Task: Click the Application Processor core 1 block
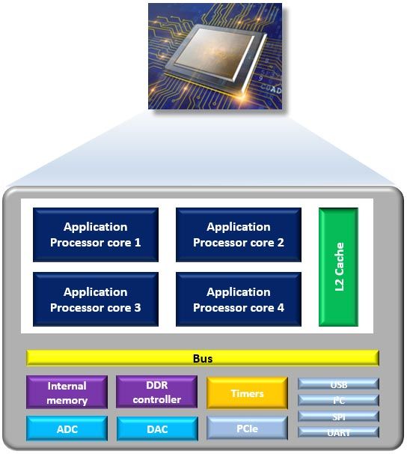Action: pyautogui.click(x=96, y=234)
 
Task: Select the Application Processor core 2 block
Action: pyautogui.click(x=239, y=234)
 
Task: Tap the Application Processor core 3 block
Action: pyautogui.click(x=96, y=300)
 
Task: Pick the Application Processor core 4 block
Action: pyautogui.click(x=239, y=300)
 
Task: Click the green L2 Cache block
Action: pyautogui.click(x=338, y=267)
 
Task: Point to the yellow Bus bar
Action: pyautogui.click(x=203, y=358)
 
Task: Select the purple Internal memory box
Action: pyautogui.click(x=67, y=393)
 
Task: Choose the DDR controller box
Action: pyautogui.click(x=157, y=393)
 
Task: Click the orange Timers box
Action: pyautogui.click(x=248, y=393)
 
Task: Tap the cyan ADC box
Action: pyautogui.click(x=67, y=429)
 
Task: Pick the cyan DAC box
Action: pyautogui.click(x=157, y=429)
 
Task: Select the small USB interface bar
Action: pyautogui.click(x=338, y=384)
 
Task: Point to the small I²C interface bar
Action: pyautogui.click(x=338, y=400)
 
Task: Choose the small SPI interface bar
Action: pyautogui.click(x=338, y=416)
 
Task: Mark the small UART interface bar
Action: pyautogui.click(x=338, y=432)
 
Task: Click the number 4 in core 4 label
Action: pyautogui.click(x=281, y=308)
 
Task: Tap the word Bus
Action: pyautogui.click(x=203, y=359)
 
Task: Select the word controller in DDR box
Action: pyautogui.click(x=157, y=400)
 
